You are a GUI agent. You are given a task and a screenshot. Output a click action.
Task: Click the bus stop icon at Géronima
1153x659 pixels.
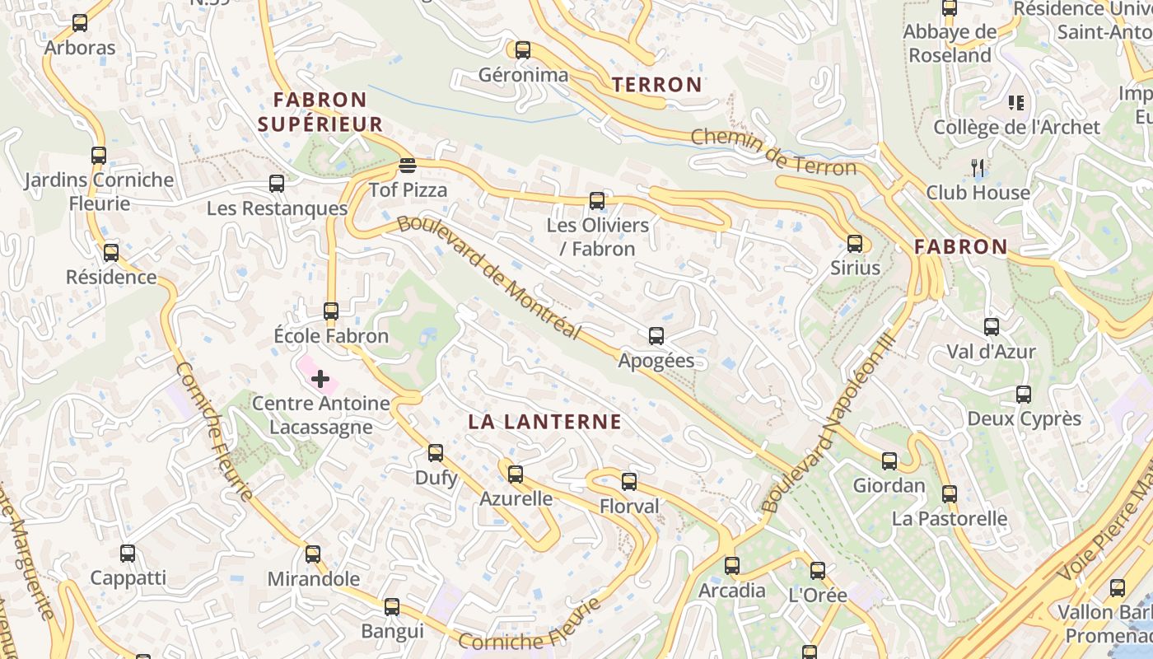tap(523, 50)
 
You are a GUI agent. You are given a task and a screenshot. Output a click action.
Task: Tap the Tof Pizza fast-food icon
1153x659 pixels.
tap(407, 166)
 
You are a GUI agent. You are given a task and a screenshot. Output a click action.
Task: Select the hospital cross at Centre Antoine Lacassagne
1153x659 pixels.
tap(320, 379)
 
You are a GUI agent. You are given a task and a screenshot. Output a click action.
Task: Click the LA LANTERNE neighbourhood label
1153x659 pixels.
tap(544, 422)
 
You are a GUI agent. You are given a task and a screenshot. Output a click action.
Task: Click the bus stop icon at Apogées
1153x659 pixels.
tap(656, 336)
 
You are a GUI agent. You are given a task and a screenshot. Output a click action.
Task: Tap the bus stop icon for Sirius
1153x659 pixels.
tap(855, 244)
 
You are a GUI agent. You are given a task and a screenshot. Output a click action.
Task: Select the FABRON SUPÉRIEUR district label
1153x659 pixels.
tap(320, 112)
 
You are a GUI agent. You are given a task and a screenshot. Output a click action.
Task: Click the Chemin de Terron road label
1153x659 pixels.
tap(774, 152)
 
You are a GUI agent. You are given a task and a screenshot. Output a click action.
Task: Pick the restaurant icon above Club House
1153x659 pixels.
tap(978, 168)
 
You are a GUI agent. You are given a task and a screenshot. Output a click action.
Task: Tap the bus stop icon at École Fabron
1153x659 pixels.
tap(331, 311)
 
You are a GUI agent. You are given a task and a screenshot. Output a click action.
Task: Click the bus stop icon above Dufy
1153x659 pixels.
tap(436, 453)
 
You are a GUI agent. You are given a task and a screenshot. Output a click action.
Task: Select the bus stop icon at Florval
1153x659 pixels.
tap(629, 482)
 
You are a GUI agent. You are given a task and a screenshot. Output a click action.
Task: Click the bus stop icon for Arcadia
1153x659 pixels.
tap(731, 566)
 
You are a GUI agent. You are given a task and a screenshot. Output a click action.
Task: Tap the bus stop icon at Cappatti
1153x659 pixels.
tap(128, 554)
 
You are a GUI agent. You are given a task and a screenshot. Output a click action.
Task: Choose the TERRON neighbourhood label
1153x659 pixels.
tap(657, 84)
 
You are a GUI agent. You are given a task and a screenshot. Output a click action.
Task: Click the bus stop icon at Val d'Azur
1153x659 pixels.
tap(992, 327)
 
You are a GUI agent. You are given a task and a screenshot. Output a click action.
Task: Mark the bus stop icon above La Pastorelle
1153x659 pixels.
tap(950, 494)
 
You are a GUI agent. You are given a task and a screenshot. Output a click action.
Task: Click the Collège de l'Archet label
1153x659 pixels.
tap(1016, 127)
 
